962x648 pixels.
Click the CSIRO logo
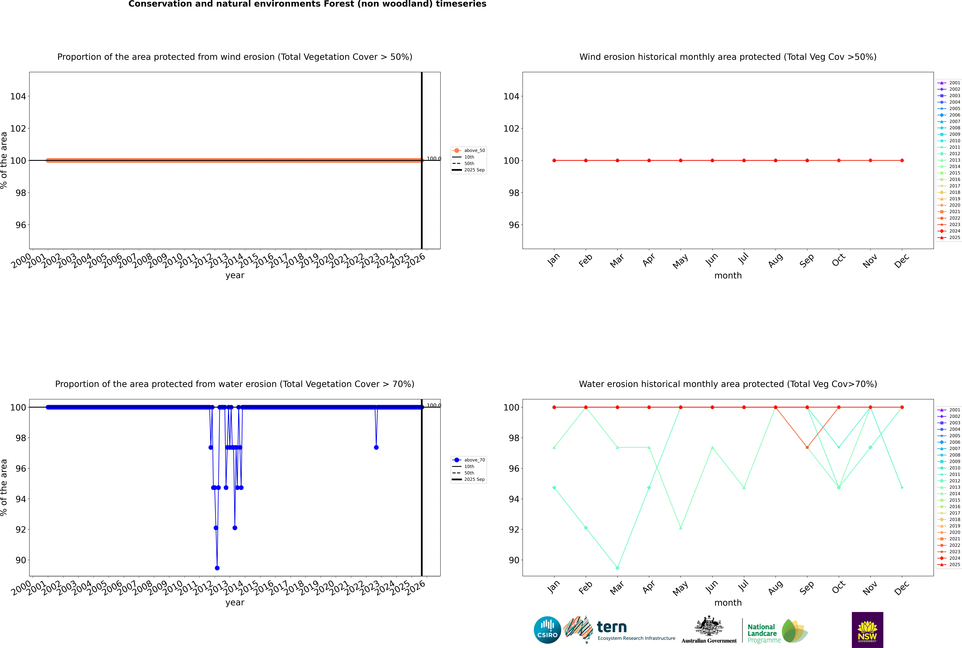pos(547,630)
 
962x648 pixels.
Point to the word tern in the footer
pos(612,627)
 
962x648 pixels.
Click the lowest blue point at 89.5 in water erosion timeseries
pos(217,568)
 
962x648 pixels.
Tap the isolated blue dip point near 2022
pos(376,447)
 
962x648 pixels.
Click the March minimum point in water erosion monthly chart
pos(617,568)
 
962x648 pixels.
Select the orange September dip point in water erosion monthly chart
pos(807,447)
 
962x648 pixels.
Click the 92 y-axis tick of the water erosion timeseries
pos(21,529)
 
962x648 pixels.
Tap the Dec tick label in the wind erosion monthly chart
pos(902,261)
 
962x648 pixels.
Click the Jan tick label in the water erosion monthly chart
pos(553,587)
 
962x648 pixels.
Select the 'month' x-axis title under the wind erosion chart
pos(728,276)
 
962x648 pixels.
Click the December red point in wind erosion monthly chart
pos(902,160)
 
